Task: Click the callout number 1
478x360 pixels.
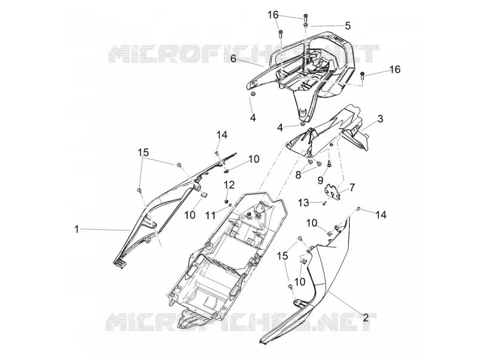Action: [77, 229]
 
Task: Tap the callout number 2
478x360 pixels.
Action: [366, 318]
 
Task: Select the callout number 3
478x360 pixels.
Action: [380, 118]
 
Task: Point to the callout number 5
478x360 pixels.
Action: [348, 26]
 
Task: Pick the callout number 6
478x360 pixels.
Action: [233, 58]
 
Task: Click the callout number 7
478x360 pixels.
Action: [352, 187]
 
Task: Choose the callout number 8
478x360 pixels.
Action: [298, 175]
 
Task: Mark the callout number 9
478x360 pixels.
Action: [320, 181]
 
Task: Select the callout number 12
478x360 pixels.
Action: [229, 185]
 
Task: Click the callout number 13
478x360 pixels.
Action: [304, 202]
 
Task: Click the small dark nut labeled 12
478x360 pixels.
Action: [226, 201]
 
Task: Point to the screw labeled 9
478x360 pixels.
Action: [330, 164]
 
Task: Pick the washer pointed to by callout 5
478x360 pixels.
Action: [306, 25]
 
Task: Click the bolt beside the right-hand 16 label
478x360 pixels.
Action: [363, 75]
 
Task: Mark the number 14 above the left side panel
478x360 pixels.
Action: [222, 135]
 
